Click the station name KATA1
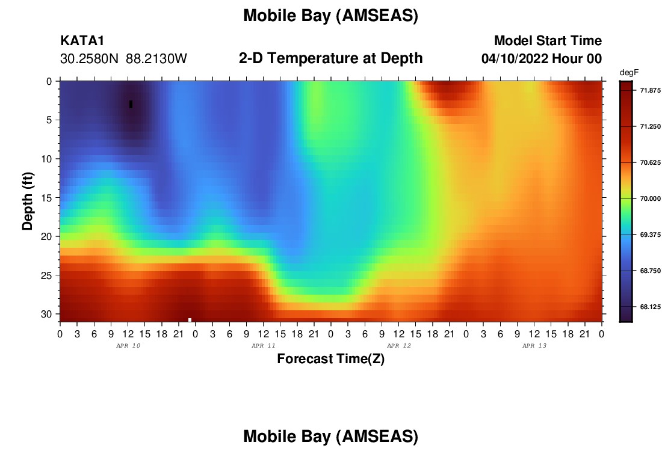(x=82, y=40)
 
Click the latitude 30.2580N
(x=89, y=59)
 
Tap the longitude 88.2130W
(x=156, y=59)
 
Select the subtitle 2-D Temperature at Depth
(x=330, y=58)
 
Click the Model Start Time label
(x=548, y=40)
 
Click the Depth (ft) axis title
(x=28, y=201)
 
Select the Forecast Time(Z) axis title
(x=330, y=358)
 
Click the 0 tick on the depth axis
(x=49, y=81)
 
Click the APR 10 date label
(x=128, y=346)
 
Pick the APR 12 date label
(x=399, y=346)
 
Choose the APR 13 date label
(x=534, y=346)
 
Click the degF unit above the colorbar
(x=629, y=73)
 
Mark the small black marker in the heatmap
(x=131, y=104)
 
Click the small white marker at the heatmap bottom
(x=190, y=320)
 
